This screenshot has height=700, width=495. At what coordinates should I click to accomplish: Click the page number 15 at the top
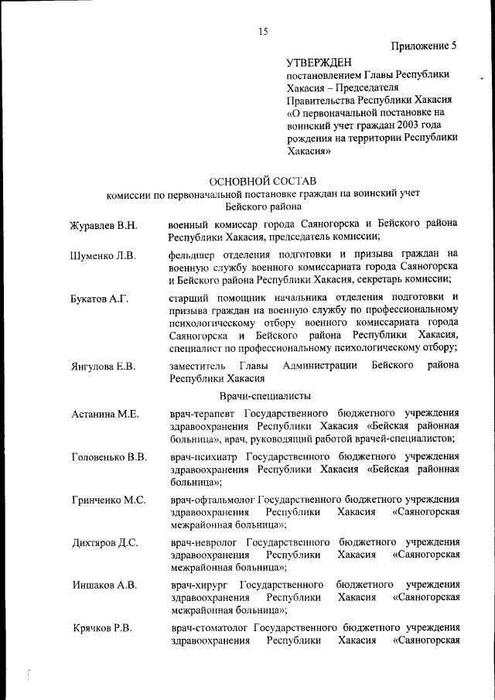[263, 31]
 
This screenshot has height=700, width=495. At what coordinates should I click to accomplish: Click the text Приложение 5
[424, 45]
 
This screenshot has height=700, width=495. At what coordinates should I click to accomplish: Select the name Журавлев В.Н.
[104, 225]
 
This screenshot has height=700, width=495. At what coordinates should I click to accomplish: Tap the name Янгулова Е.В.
[103, 366]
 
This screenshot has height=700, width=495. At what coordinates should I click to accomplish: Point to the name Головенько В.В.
[108, 456]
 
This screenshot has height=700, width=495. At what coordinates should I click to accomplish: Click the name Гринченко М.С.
[108, 500]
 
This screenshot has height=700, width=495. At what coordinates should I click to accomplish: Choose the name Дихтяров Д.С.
[104, 542]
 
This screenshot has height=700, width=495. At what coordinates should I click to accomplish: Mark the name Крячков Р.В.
[102, 627]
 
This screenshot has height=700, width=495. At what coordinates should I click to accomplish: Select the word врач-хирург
[201, 585]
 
